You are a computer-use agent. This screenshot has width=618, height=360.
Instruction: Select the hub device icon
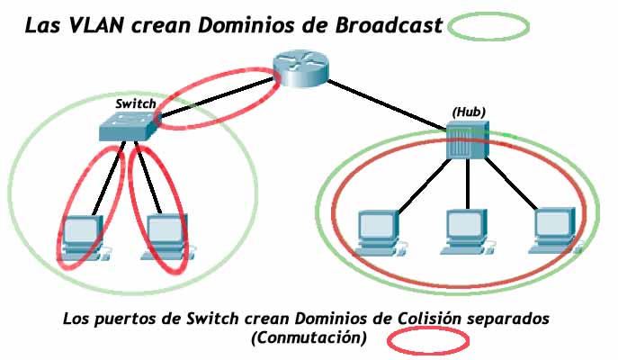468,140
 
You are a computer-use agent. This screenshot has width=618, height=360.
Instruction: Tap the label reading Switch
136,104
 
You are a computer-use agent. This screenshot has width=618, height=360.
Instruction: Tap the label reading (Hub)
468,112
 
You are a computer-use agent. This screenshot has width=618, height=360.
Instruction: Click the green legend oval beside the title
488,27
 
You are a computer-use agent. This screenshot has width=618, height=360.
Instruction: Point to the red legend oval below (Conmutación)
428,342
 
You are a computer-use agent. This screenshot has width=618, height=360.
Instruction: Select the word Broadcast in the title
386,26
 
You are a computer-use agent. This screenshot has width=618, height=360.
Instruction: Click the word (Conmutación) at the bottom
309,338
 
